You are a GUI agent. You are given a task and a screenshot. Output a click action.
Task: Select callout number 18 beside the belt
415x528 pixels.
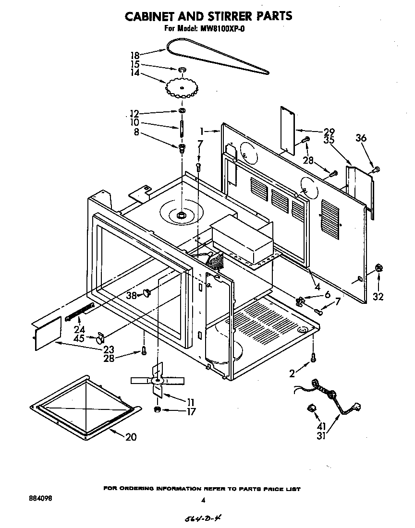click(135, 55)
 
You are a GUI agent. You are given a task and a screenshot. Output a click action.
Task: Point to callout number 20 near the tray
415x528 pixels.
click(131, 437)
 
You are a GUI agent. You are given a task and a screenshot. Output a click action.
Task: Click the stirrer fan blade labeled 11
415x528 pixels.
click(156, 380)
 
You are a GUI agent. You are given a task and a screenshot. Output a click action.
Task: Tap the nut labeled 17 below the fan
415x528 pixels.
click(157, 409)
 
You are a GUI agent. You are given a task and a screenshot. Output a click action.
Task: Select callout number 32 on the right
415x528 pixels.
click(378, 297)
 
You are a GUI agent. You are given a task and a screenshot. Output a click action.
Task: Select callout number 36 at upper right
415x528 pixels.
click(361, 138)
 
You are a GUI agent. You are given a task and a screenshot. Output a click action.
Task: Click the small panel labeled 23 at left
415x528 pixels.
click(47, 333)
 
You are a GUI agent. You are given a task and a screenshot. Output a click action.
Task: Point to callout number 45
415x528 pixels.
click(80, 338)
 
